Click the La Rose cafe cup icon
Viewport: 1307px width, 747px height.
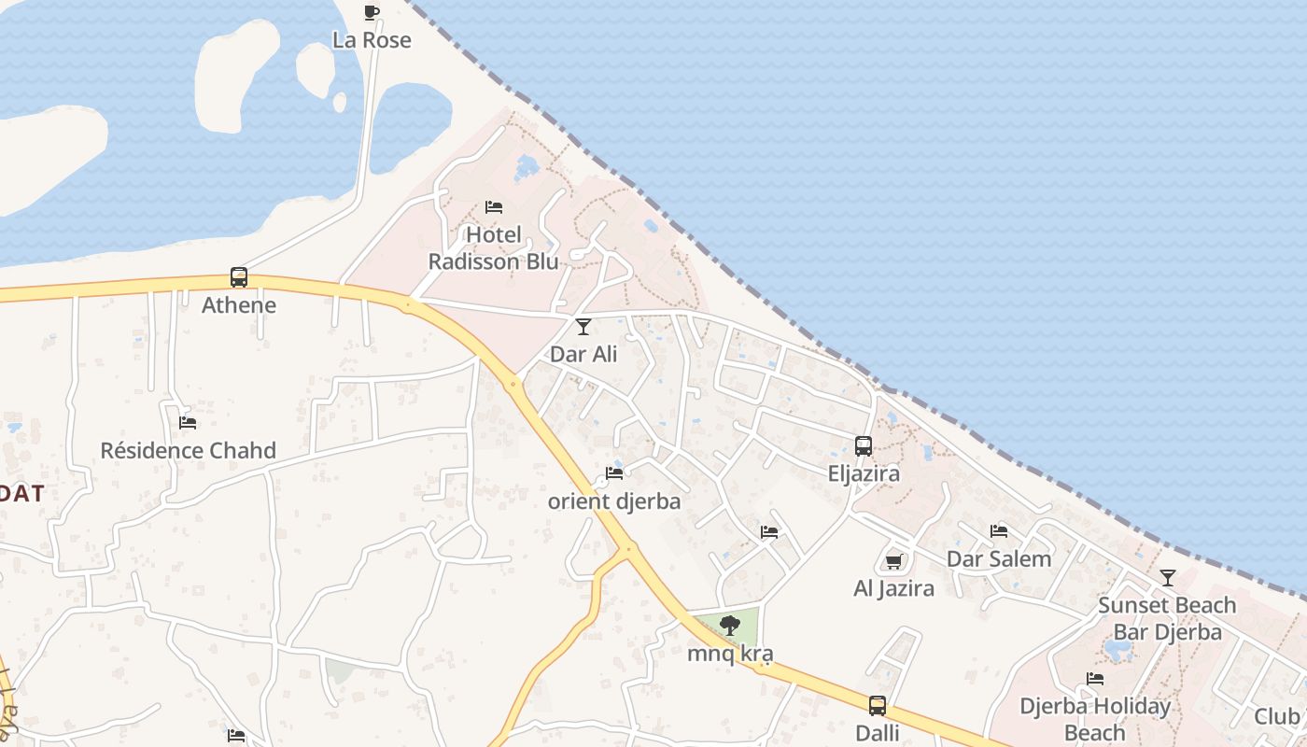click(x=372, y=12)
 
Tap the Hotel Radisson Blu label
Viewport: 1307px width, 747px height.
click(x=493, y=247)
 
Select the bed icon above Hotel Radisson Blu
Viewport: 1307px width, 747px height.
click(x=494, y=206)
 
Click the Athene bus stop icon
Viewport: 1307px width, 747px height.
click(x=239, y=277)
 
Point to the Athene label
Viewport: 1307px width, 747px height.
click(x=239, y=305)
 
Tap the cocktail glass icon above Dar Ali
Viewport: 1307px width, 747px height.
click(x=583, y=326)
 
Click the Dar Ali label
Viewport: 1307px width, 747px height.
click(x=583, y=355)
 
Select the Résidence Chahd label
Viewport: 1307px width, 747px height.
click(x=189, y=451)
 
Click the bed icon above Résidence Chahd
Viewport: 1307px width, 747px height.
click(x=188, y=422)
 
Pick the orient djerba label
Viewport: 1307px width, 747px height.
click(x=614, y=501)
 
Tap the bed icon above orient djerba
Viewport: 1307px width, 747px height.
click(x=614, y=472)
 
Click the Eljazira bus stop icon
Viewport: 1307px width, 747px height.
click(x=864, y=445)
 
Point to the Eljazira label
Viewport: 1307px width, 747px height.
click(x=864, y=473)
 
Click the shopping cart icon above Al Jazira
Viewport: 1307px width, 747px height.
click(x=893, y=561)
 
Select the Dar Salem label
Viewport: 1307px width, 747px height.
click(x=999, y=559)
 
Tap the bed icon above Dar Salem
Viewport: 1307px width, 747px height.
click(x=999, y=531)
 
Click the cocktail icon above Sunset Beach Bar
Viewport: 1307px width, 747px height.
click(x=1167, y=577)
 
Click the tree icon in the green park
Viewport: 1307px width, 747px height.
click(x=730, y=626)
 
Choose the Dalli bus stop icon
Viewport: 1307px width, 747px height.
click(x=878, y=705)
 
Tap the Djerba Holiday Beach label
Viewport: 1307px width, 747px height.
click(x=1094, y=719)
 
